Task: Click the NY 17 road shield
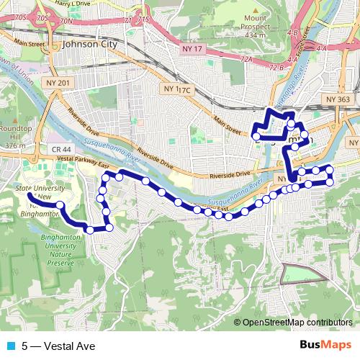click(188, 48)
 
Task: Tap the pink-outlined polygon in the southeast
click(302, 274)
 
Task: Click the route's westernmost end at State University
click(31, 194)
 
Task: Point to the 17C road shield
click(184, 90)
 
